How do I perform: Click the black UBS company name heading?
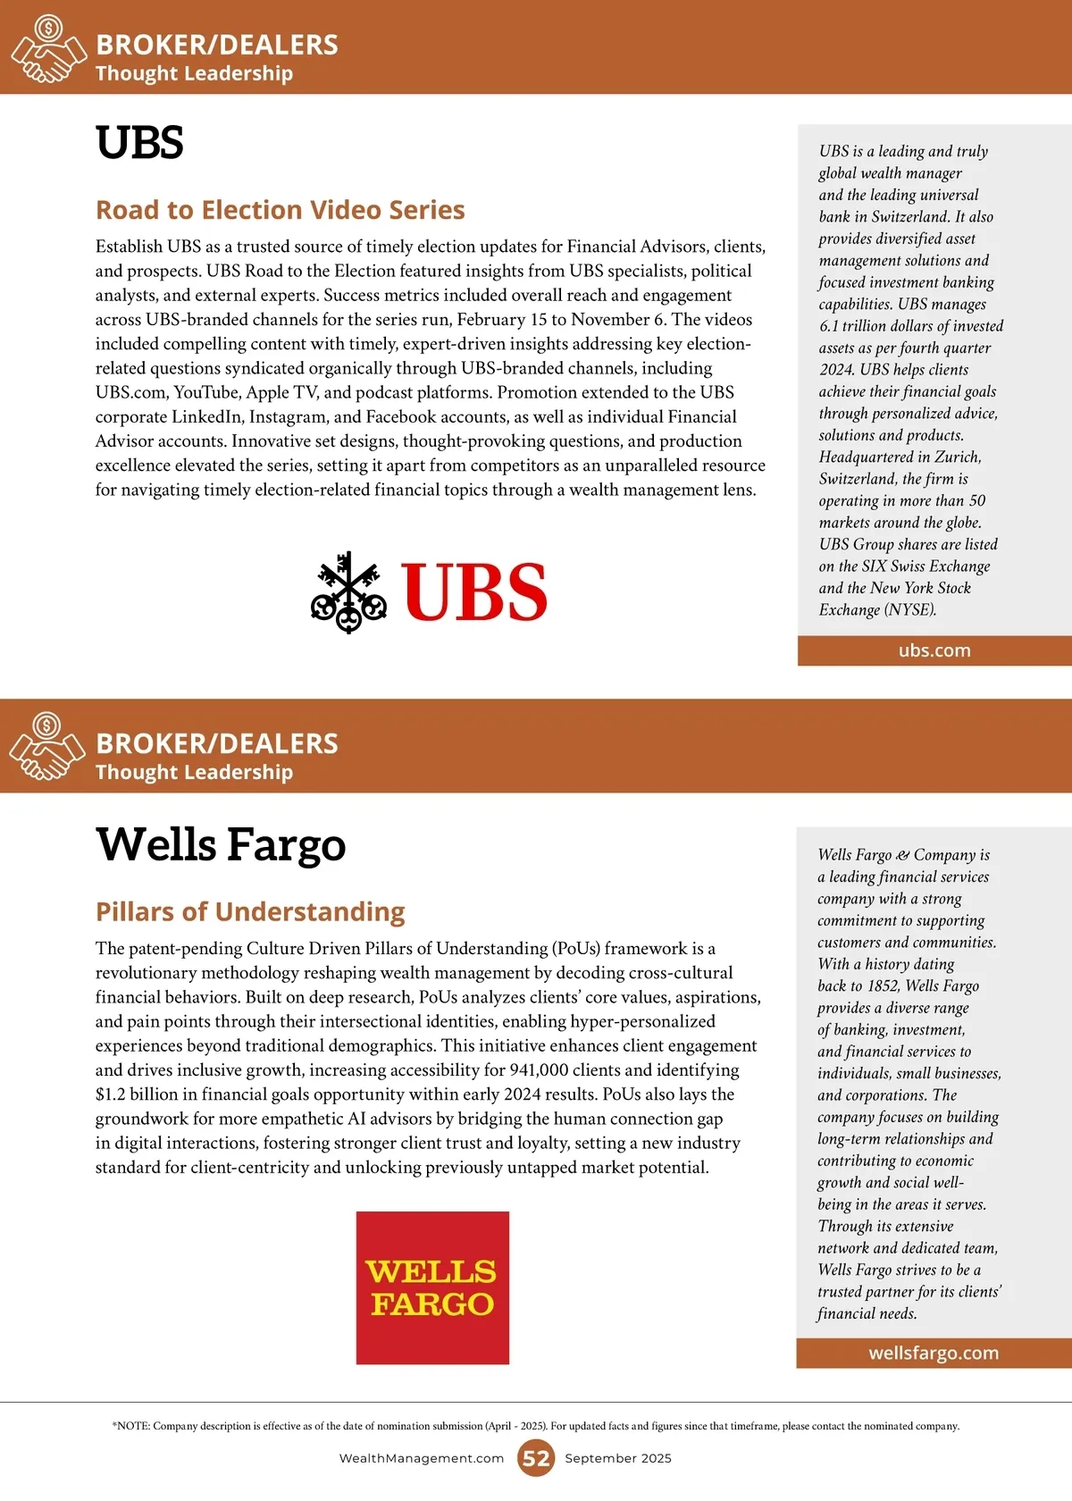[139, 143]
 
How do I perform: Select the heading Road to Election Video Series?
[280, 210]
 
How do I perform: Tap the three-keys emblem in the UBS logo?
[348, 591]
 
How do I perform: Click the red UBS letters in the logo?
[473, 591]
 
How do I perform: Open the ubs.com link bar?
[934, 650]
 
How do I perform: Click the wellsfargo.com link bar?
[934, 1353]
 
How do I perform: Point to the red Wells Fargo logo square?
[432, 1287]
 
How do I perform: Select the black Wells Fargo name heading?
[221, 845]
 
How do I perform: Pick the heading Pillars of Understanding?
[250, 912]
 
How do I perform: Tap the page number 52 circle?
[536, 1458]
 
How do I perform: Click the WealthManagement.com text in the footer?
[422, 1458]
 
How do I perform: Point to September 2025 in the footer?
[618, 1458]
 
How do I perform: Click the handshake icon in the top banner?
[46, 50]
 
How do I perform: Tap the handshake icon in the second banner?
[46, 747]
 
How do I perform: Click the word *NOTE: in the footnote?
[130, 1426]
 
